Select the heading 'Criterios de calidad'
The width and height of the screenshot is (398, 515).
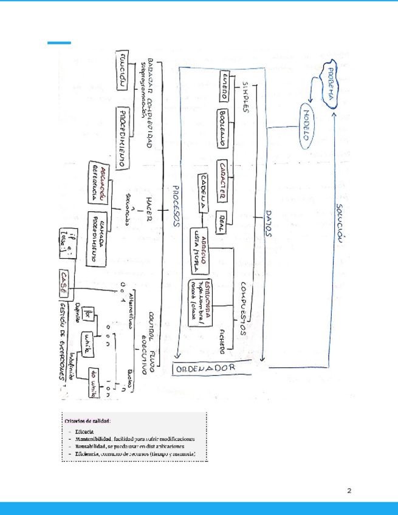pos(88,420)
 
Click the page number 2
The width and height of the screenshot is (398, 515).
pos(349,490)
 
